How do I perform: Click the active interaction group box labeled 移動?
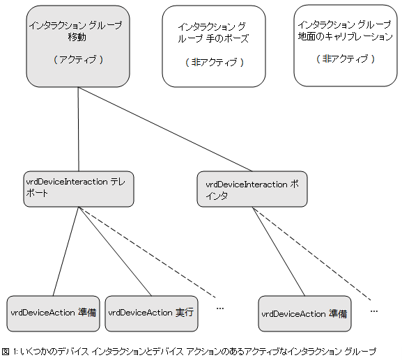click(78, 45)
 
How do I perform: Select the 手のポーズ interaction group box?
click(214, 46)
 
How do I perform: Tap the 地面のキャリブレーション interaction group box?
click(345, 45)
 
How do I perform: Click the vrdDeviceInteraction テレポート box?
click(78, 189)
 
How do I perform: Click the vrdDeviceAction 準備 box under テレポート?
click(53, 313)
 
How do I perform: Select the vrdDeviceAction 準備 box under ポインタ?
click(304, 313)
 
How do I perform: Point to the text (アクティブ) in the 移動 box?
click(78, 60)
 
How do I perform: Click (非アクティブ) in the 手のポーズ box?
click(214, 62)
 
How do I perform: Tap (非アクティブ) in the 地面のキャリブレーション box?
click(345, 59)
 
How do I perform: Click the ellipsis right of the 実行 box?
click(220, 307)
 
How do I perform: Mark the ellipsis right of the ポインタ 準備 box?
click(374, 308)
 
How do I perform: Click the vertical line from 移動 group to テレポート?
click(78, 129)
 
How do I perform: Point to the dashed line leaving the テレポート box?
click(146, 251)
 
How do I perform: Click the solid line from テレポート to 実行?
click(115, 251)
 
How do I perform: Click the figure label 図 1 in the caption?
click(9, 351)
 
